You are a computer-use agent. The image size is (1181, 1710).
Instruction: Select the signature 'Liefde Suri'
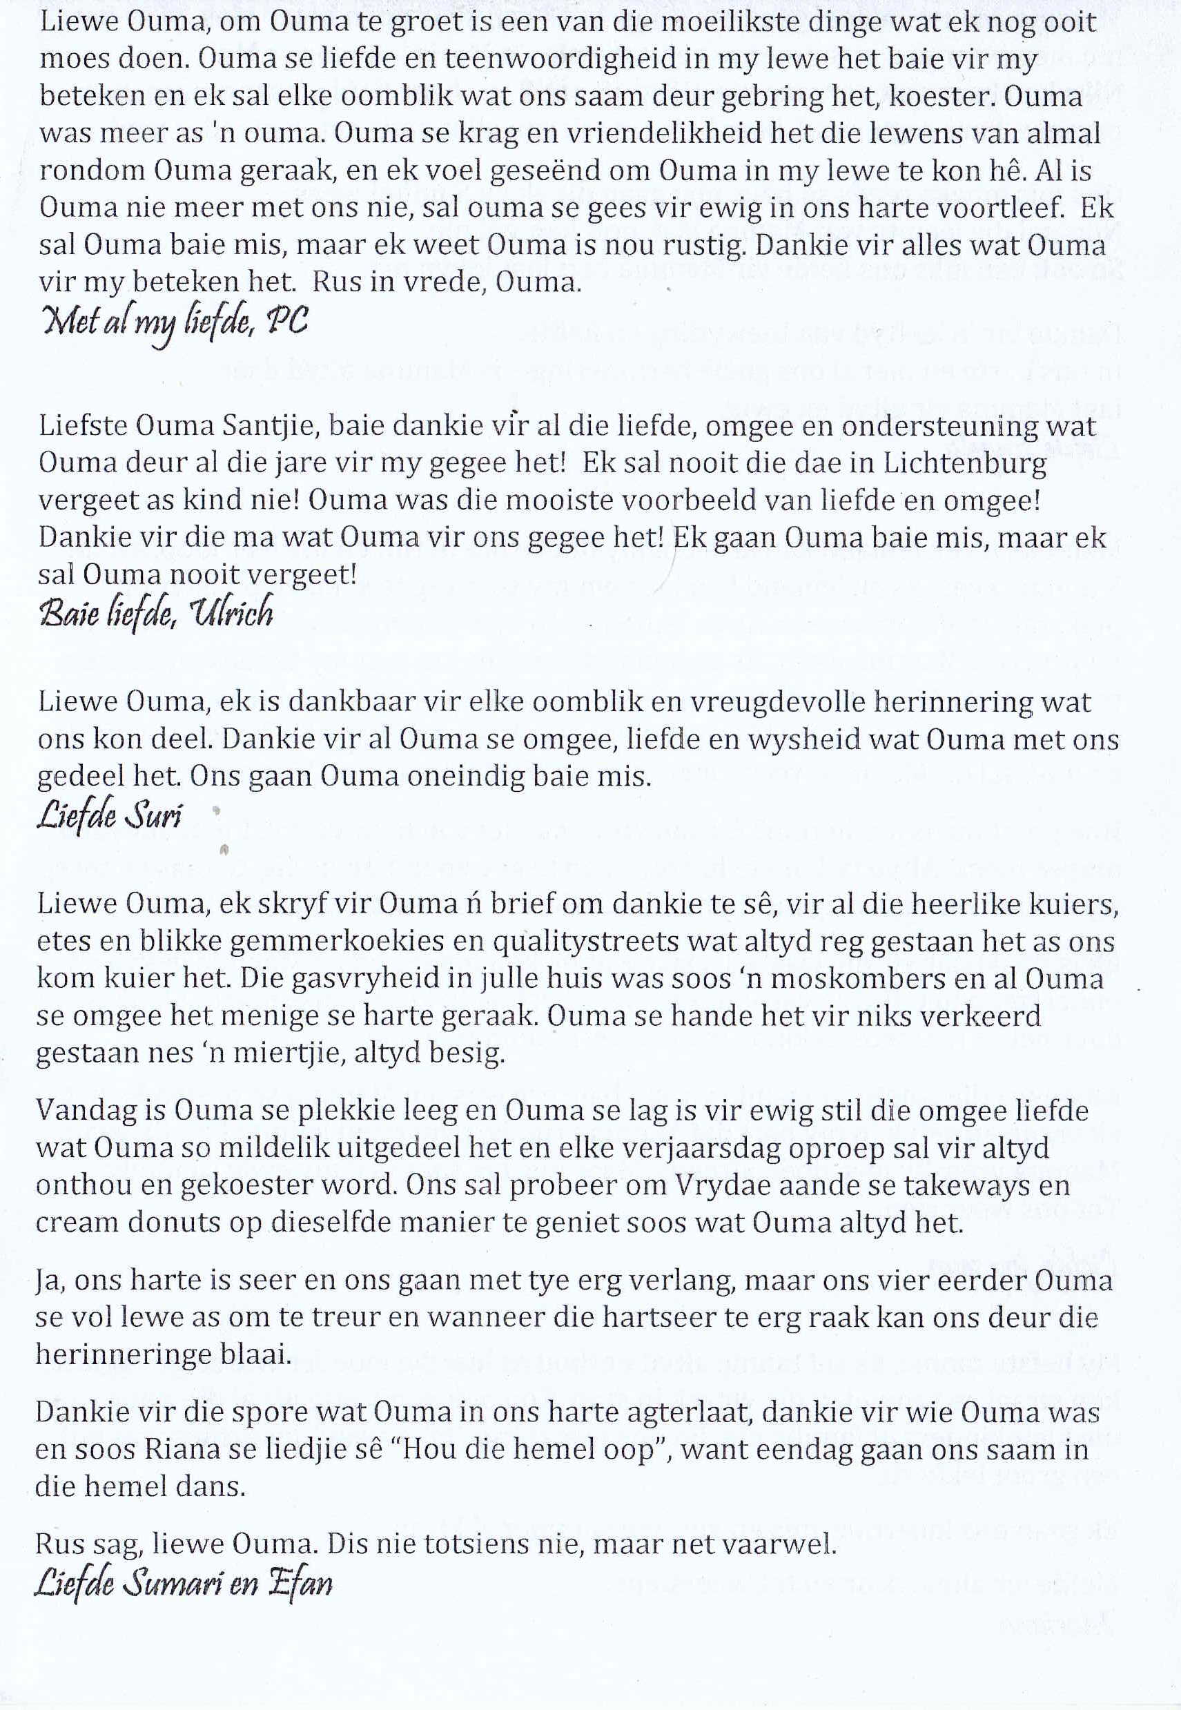click(110, 815)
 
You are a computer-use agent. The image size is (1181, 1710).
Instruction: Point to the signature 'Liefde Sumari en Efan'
click(184, 1584)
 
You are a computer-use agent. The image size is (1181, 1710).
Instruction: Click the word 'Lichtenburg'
click(966, 463)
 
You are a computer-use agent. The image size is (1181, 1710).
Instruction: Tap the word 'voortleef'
click(993, 208)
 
